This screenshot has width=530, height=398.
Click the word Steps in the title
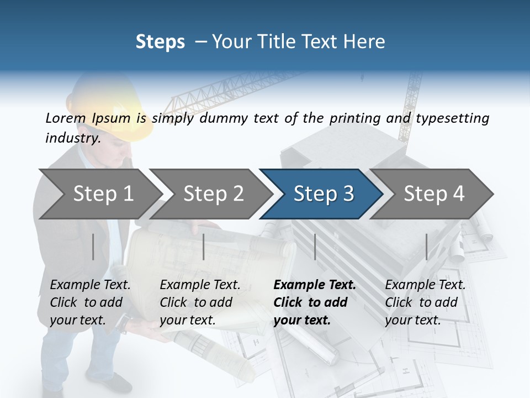coord(160,42)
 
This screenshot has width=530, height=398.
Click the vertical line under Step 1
coord(93,247)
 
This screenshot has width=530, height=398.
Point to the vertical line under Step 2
coord(204,247)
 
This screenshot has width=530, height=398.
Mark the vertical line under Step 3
coord(315,247)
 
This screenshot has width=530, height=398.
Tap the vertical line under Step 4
coord(426,247)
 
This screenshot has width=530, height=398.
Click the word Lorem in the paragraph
coord(66,118)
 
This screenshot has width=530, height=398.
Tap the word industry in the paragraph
coord(72,138)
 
